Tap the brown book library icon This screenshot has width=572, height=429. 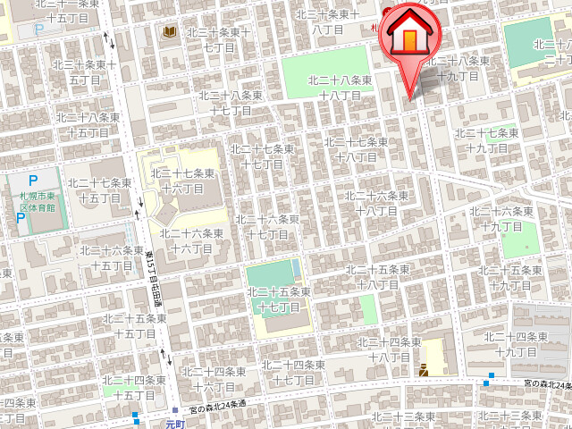tap(169, 33)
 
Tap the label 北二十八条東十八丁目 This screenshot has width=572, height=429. tap(340, 88)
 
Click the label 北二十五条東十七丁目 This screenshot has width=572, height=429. tap(279, 299)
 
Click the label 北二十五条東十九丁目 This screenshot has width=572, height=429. tap(508, 278)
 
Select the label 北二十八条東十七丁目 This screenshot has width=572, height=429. tap(231, 103)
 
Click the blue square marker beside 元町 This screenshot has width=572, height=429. tap(135, 415)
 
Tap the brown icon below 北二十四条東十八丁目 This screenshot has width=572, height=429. tap(425, 370)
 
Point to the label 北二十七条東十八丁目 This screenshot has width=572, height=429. tap(356, 149)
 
